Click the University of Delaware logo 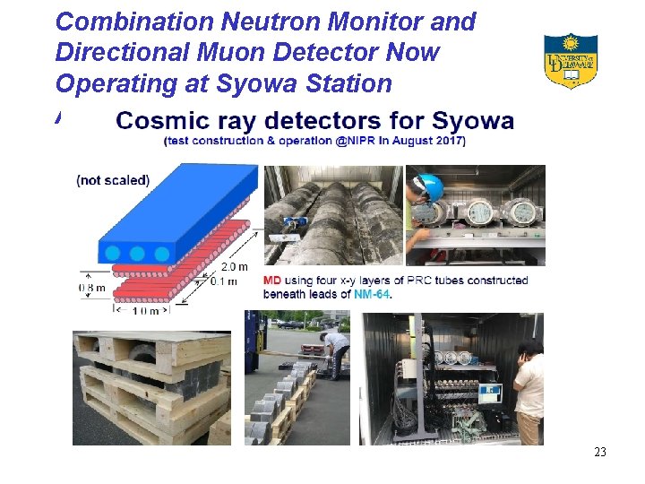tap(571, 60)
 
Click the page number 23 tap(599, 452)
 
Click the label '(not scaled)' tap(113, 179)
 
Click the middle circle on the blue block tap(137, 254)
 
